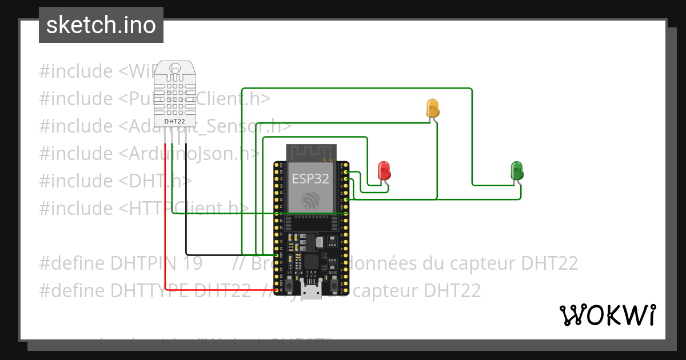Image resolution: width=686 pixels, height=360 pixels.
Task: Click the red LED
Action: click(384, 170)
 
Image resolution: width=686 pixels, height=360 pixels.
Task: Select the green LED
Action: click(516, 170)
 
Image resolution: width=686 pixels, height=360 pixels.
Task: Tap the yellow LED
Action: click(433, 107)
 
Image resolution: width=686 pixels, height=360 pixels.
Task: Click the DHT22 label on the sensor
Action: click(174, 121)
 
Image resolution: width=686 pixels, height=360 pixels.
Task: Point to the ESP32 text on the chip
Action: click(310, 178)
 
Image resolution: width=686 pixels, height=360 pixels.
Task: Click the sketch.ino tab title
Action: click(101, 25)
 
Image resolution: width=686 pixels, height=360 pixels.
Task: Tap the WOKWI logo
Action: click(607, 315)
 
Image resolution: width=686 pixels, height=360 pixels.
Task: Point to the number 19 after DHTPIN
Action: click(193, 263)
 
